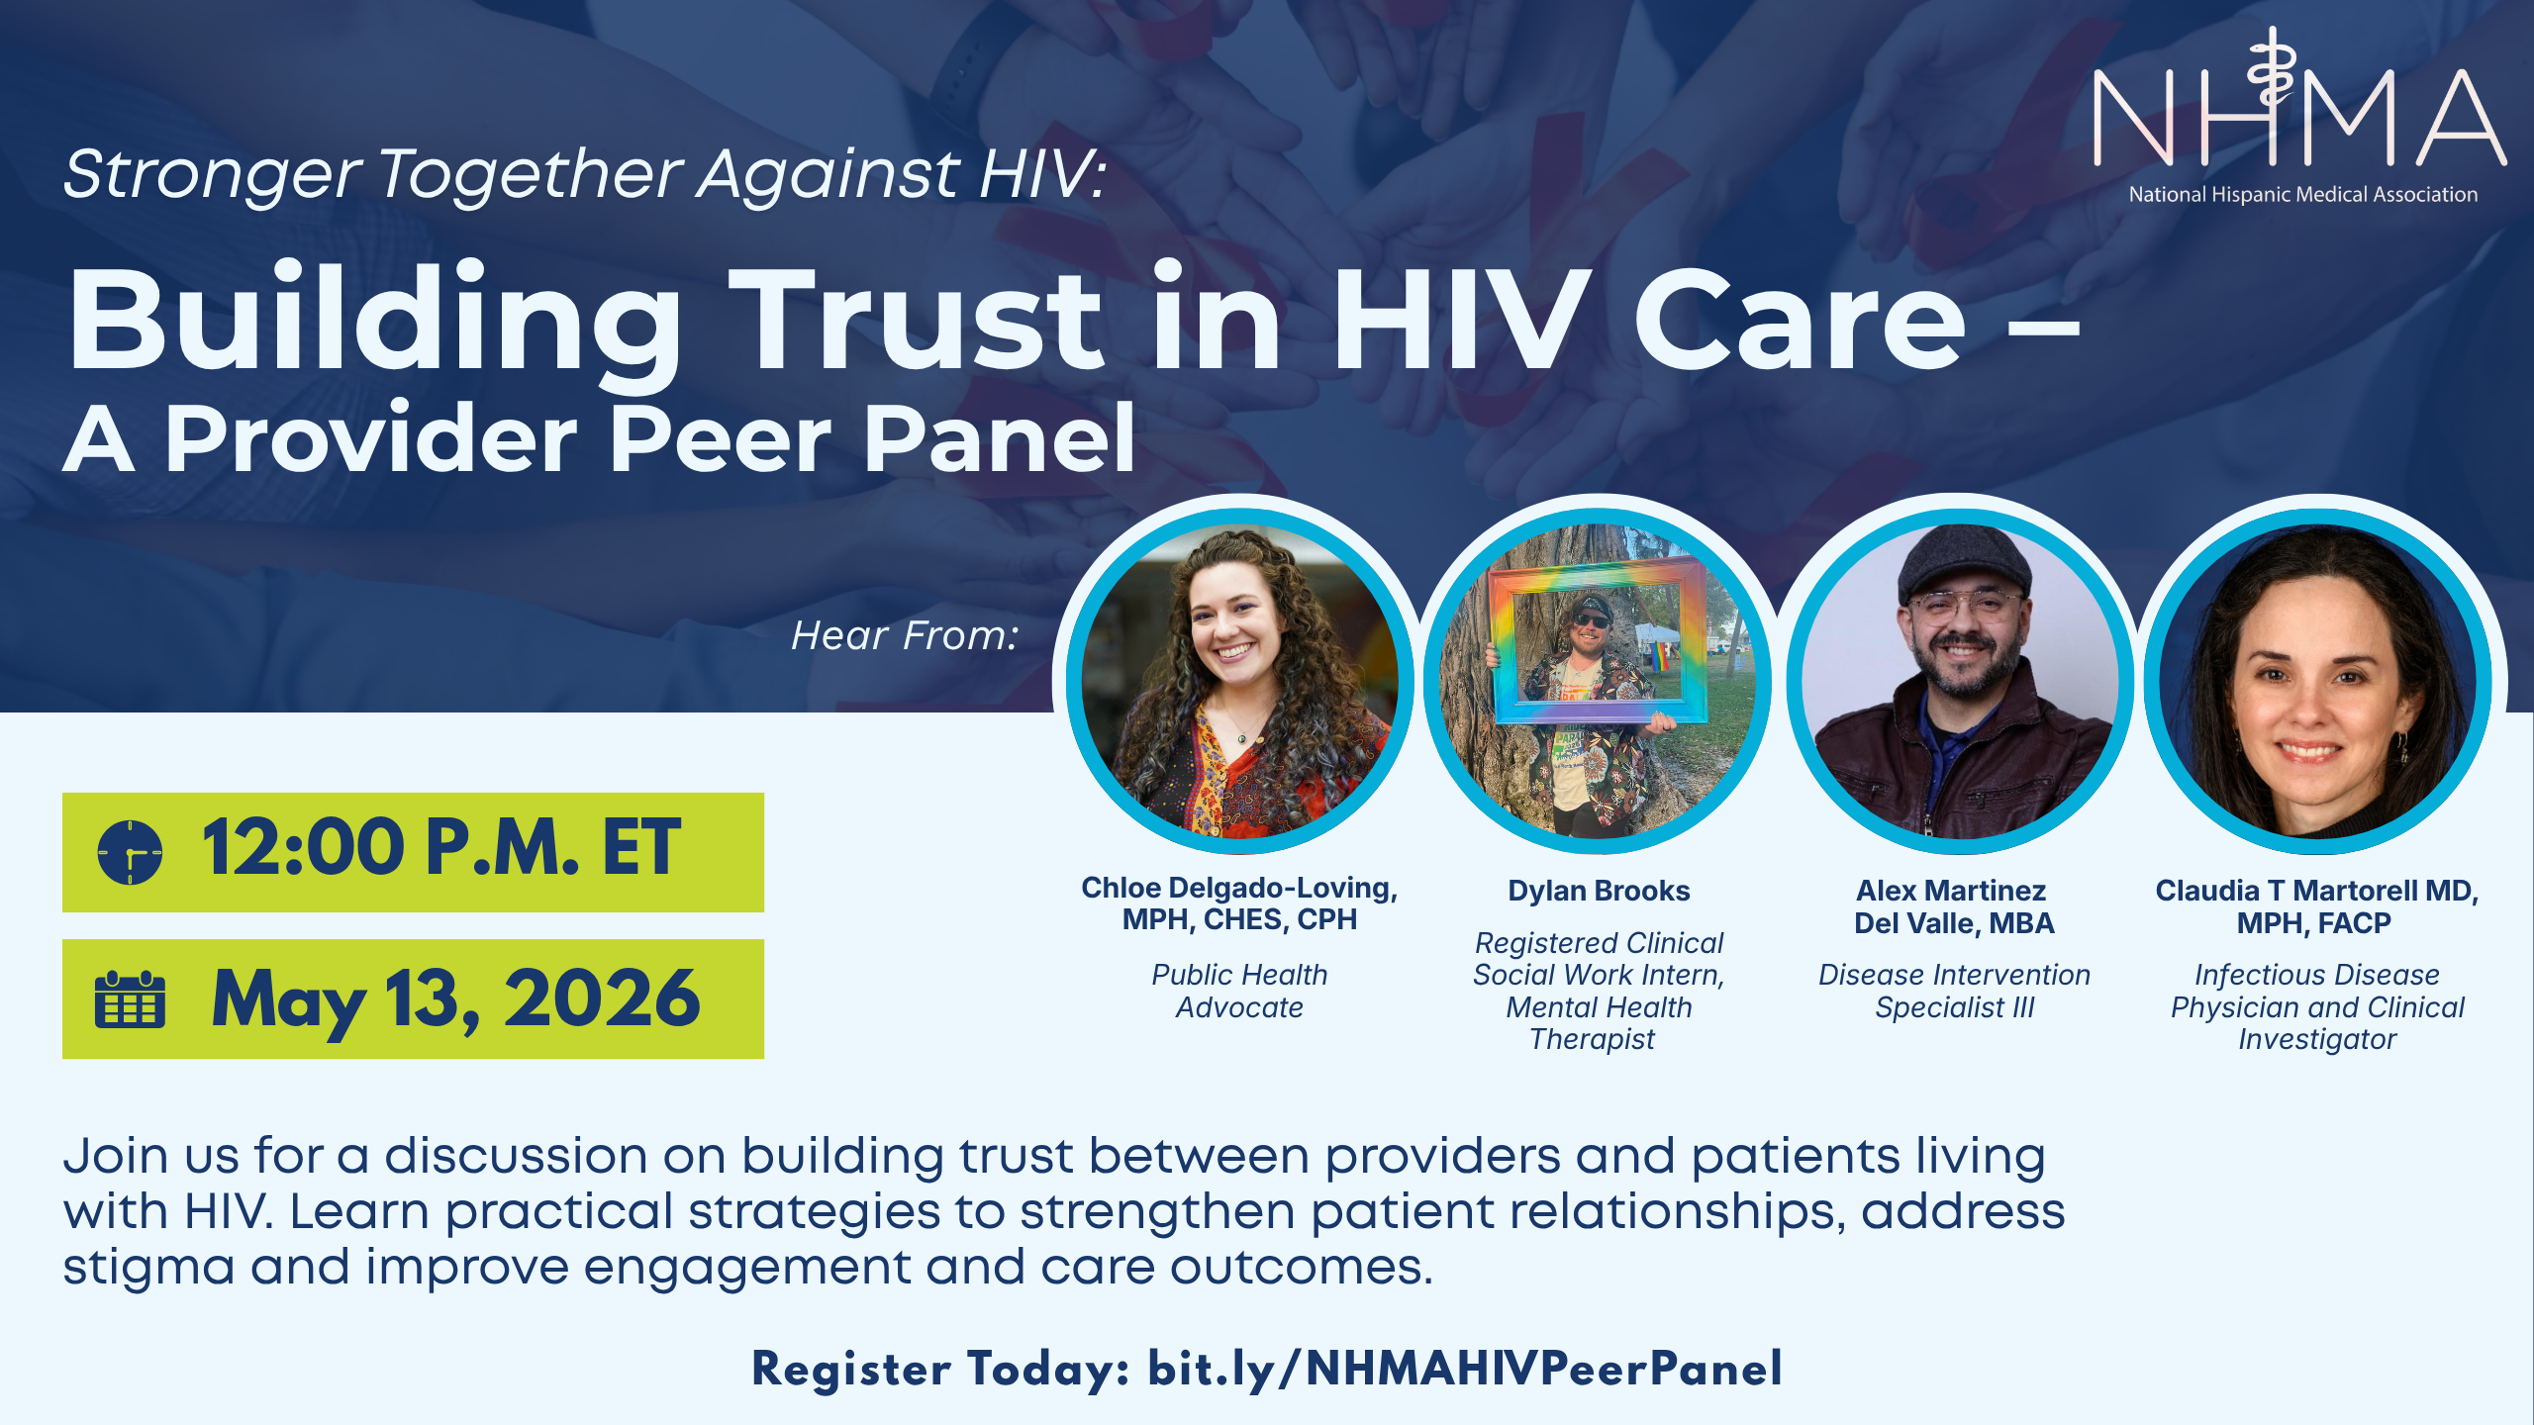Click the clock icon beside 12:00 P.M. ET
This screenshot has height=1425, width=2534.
coord(130,852)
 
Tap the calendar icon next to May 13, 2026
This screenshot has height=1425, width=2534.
coord(130,1000)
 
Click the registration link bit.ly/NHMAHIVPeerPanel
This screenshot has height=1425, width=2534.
coord(1464,1370)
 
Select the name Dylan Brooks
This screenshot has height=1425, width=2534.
coord(1599,891)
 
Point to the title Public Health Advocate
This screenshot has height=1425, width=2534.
coord(1239,991)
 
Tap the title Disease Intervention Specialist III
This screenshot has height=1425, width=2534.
coord(1954,991)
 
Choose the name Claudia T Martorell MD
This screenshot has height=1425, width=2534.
coord(2316,891)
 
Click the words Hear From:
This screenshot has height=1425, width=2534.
coord(905,636)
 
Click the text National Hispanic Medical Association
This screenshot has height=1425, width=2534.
coord(2302,195)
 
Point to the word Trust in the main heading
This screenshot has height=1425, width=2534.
coord(916,322)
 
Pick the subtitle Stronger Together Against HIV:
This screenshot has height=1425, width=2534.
coord(584,174)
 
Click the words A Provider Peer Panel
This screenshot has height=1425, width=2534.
coord(599,439)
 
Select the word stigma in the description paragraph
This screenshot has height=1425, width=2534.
coord(148,1268)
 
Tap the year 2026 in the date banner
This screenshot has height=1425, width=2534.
coord(601,998)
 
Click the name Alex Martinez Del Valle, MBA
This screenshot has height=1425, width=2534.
coord(1954,906)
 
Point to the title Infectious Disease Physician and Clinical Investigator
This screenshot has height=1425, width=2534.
coord(2316,1006)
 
